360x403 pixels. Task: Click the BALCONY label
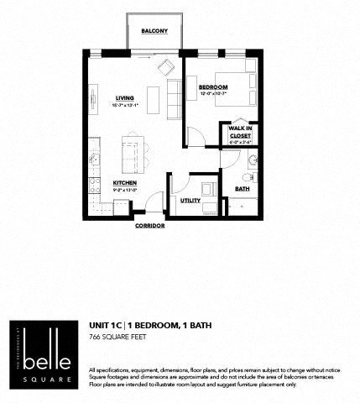(154, 31)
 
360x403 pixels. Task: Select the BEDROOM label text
(213, 87)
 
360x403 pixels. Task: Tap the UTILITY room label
(190, 201)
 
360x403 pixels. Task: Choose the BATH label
(242, 190)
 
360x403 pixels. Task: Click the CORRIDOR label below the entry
(149, 226)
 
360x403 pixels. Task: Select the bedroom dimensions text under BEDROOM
(213, 93)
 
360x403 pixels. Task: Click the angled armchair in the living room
(165, 67)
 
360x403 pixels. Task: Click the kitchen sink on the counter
(94, 158)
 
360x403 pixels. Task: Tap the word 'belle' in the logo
(44, 344)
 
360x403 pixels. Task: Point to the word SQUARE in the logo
(44, 366)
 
